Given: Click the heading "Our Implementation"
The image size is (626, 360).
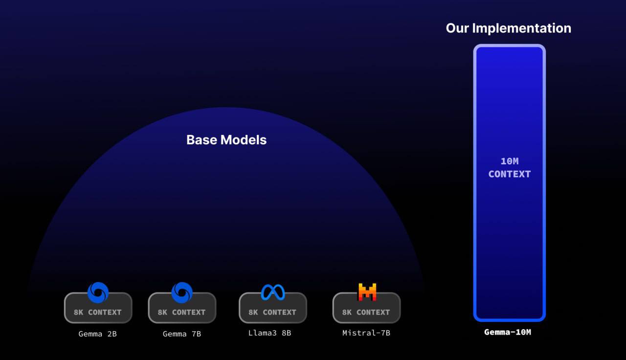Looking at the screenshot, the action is (x=508, y=28).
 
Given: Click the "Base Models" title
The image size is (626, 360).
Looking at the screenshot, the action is (x=226, y=140).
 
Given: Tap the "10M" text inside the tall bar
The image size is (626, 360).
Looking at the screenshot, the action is (x=510, y=161).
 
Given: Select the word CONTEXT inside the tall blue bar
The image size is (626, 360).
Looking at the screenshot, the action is (x=510, y=174).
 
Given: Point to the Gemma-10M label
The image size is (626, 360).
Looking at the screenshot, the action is (x=508, y=332).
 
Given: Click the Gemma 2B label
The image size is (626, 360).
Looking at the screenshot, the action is (x=97, y=334).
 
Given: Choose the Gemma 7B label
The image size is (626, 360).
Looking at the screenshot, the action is (x=182, y=334).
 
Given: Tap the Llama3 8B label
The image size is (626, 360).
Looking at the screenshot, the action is (x=269, y=333).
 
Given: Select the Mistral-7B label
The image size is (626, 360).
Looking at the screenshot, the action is (x=366, y=333).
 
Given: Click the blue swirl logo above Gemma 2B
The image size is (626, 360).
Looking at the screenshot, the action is (x=98, y=292).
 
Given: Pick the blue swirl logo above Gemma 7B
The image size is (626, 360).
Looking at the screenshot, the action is (x=182, y=292).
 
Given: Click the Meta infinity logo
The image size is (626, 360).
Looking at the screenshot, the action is (x=273, y=292).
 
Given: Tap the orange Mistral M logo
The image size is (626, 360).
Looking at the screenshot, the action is (x=367, y=292).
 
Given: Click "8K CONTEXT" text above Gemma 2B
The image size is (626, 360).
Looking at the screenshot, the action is (x=97, y=312).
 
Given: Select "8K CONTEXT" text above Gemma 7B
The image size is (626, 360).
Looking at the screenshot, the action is (x=181, y=312).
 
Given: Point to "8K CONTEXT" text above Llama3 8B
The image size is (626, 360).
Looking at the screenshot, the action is (x=272, y=312).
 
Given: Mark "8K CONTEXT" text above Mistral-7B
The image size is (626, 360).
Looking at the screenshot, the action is (x=366, y=312).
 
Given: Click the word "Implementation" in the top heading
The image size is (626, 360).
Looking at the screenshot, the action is (x=521, y=28).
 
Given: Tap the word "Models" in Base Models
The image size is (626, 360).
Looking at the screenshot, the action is (x=244, y=140).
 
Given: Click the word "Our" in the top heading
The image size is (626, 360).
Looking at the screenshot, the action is (x=457, y=28).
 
